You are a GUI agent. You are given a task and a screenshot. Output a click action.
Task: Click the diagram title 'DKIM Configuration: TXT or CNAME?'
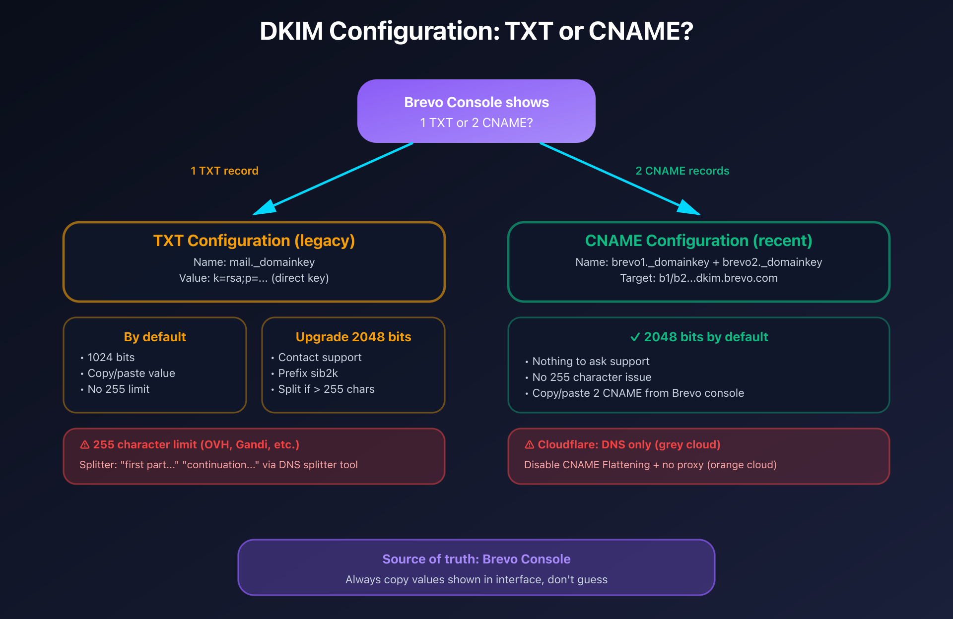coord(476,31)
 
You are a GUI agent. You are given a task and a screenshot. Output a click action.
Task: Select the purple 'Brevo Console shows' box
coord(476,111)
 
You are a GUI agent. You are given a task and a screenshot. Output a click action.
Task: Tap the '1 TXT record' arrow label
coord(224,171)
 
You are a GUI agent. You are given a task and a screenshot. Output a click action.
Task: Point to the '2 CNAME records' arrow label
coord(682,171)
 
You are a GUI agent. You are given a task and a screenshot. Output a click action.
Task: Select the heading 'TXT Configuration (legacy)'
coord(254,241)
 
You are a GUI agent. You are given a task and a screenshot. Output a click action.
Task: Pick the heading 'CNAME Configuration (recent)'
coord(698,241)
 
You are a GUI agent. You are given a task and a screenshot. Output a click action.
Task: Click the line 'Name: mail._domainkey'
coord(254,262)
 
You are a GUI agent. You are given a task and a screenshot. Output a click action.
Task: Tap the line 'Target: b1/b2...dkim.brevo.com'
coord(698,278)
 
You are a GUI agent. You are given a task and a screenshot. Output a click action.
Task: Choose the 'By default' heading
coord(154,337)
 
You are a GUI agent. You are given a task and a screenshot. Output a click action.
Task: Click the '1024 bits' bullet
coord(111,357)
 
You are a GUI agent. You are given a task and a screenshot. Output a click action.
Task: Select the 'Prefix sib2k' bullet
coord(308,373)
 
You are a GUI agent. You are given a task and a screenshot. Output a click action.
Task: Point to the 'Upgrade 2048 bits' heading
coord(353,337)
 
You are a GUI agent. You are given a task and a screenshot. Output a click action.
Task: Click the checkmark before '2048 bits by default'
coord(634,337)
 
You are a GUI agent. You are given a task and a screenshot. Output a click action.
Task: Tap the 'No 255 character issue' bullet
coord(591,377)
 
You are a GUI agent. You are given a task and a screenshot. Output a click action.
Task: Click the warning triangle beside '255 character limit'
coord(85,445)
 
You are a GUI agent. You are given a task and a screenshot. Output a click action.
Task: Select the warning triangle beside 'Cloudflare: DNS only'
coord(530,445)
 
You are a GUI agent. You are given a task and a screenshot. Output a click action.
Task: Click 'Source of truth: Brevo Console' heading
coord(476,559)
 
